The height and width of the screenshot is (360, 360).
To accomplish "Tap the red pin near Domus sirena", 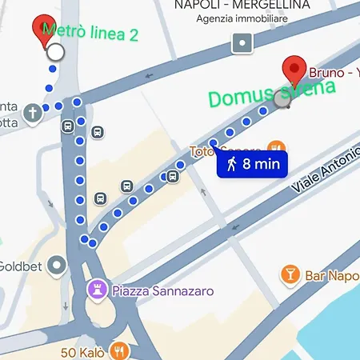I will tap(296, 70).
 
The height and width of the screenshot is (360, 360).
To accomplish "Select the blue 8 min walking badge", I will tap(251, 165).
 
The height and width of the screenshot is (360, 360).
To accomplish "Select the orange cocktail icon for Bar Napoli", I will tap(290, 275).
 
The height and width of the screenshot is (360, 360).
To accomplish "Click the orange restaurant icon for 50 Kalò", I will tap(120, 350).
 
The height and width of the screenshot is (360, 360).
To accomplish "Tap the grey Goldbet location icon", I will tap(57, 264).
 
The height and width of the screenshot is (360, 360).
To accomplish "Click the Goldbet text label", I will tap(16, 266).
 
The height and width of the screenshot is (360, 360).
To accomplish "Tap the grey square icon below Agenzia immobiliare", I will tap(242, 42).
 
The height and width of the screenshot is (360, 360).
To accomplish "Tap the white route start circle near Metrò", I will tap(55, 53).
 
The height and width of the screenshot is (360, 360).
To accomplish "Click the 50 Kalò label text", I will tap(84, 350).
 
